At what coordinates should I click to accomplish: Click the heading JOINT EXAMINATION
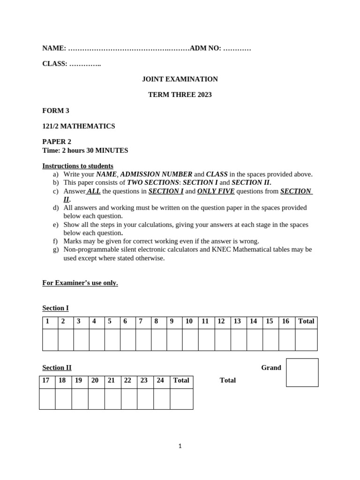coord(180,79)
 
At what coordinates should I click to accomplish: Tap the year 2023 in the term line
coord(204,95)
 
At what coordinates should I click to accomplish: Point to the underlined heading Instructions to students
coord(78,166)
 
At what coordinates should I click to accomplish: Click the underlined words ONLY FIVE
coord(216,191)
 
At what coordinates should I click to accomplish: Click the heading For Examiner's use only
coord(80,283)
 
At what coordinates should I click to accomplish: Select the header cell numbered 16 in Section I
coord(286,322)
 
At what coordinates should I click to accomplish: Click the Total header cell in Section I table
coord(306,322)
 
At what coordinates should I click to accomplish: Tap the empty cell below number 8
coord(158,339)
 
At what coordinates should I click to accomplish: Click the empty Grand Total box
coord(302,373)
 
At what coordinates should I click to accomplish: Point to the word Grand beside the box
coord(271,368)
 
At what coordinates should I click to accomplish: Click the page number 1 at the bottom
coord(180,446)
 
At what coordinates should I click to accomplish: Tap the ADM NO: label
coord(205,48)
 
